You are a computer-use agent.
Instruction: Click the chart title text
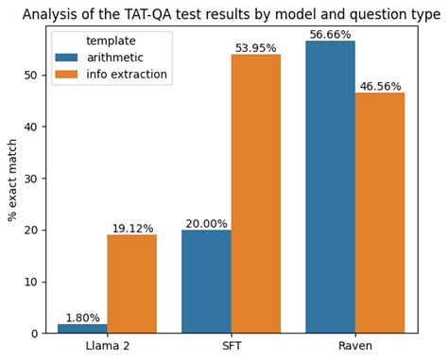(232, 14)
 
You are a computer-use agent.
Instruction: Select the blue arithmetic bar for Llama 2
(82, 328)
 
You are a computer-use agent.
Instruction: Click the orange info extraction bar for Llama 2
(131, 283)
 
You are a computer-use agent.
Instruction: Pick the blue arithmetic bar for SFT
(206, 282)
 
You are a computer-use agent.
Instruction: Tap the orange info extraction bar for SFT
(256, 194)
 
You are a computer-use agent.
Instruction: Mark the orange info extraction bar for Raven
(380, 213)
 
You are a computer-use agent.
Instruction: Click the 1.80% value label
(82, 317)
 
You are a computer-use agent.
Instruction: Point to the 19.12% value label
(132, 229)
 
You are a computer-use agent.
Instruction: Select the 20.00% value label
(206, 224)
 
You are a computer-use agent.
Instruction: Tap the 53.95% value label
(256, 48)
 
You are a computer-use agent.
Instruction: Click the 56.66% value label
(331, 35)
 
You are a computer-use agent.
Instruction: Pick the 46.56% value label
(381, 86)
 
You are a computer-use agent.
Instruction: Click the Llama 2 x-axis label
(107, 346)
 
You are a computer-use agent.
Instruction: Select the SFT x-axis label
(232, 346)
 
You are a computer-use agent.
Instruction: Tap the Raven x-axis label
(355, 346)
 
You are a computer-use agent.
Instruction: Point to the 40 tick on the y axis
(33, 127)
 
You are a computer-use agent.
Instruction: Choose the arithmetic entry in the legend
(113, 58)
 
